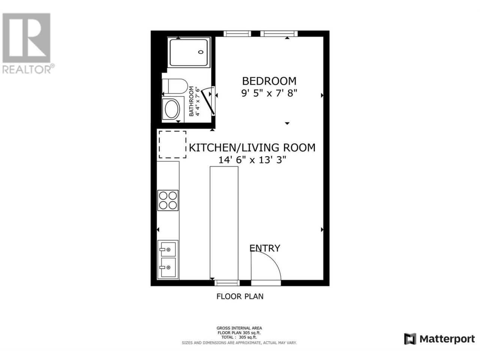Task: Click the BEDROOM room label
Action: coord(269,81)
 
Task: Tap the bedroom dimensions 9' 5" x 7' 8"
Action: coord(269,93)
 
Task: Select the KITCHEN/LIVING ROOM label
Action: coord(252,148)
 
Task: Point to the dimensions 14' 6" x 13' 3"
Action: coord(252,160)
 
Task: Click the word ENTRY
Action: coord(265,248)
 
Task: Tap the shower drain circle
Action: coord(201,52)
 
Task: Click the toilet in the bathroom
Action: coord(175,86)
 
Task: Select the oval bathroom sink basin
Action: coord(172,109)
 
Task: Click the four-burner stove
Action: coord(168,200)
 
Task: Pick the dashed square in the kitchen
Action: coord(172,144)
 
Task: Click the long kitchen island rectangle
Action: coord(224,223)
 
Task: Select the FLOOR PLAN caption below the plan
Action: coord(240,296)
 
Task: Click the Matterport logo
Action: coord(439,345)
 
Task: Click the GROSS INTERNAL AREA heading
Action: coord(239,328)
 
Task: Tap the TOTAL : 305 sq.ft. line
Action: coord(239,337)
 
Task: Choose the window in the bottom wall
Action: coord(227,283)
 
